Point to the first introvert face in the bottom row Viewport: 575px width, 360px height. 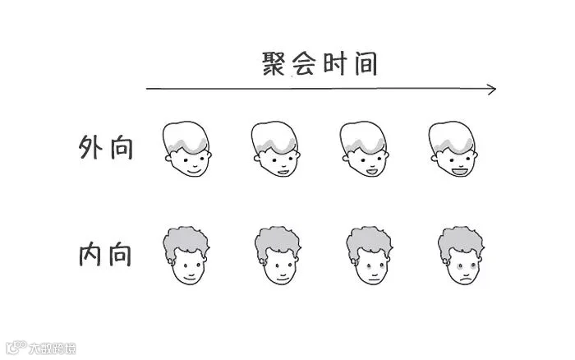(x=186, y=256)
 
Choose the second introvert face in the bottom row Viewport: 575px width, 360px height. (x=276, y=256)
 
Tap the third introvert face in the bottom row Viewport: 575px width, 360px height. (x=367, y=256)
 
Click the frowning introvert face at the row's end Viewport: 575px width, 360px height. (x=460, y=256)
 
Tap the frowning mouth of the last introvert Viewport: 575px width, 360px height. (x=465, y=277)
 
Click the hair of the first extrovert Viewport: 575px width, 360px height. (x=186, y=136)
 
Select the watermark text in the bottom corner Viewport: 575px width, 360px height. (x=49, y=348)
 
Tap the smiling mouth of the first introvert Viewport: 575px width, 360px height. (x=190, y=276)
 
